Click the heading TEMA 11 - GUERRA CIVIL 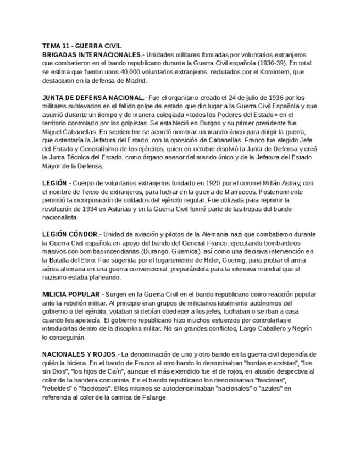tap(82, 46)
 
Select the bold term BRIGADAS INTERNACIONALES tap(91, 55)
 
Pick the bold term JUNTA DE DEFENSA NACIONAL tap(92, 97)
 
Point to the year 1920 tap(213, 183)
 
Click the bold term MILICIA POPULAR tap(71, 294)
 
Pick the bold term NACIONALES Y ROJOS tap(79, 354)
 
